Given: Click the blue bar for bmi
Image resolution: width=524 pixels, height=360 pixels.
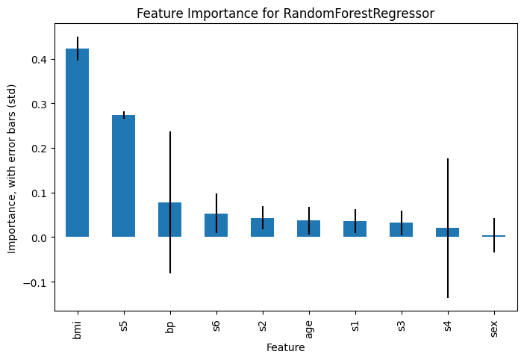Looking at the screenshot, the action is coord(77,143).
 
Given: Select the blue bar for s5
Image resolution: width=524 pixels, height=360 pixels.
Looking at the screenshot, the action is coord(124,176).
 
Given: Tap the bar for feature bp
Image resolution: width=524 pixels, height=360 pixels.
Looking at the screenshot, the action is coord(169,220).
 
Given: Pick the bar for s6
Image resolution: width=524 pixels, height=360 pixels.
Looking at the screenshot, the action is coord(216,226).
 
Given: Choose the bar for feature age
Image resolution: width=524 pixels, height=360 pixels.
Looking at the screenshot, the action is coord(309,229).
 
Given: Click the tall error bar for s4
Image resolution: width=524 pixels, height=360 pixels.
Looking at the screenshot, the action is coord(448,228).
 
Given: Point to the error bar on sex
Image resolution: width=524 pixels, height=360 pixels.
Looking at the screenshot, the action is coord(494,235).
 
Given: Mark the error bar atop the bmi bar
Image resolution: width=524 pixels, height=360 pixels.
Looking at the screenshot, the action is coord(78,49).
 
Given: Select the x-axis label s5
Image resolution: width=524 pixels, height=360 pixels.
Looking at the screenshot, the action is coord(124,326).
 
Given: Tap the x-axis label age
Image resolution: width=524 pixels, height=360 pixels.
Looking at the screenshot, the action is coord(309,329).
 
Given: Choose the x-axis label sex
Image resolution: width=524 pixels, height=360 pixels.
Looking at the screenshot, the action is coord(494,329).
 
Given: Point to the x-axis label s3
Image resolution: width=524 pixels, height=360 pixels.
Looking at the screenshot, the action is coord(402,326).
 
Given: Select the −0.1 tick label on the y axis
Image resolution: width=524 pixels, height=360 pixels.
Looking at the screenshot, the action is coord(36,282).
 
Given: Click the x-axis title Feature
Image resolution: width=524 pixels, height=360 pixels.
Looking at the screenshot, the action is coord(286,347).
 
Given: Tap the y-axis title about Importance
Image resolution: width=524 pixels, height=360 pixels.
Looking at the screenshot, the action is coord(12,169).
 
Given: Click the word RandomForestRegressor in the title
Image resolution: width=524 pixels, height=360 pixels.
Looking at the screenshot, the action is coord(359,13).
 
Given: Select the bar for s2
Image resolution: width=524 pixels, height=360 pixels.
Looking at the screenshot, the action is coord(262,228).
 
